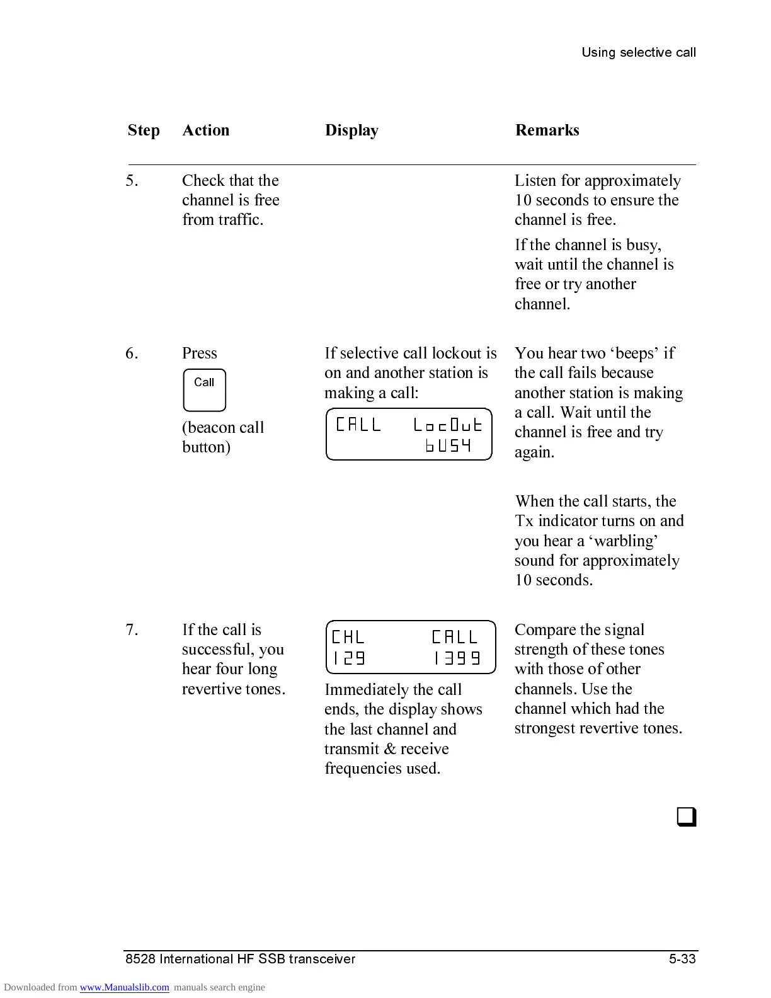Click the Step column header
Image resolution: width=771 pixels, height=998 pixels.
click(x=144, y=130)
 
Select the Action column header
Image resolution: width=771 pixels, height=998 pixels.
click(x=206, y=130)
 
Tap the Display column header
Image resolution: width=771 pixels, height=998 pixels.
click(x=351, y=130)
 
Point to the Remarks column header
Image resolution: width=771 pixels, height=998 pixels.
click(x=547, y=130)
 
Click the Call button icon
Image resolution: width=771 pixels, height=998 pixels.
click(x=204, y=390)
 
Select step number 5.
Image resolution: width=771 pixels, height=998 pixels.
click(x=132, y=181)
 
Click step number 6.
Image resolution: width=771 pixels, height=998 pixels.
click(x=132, y=353)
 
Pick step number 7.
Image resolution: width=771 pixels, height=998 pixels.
click(x=132, y=630)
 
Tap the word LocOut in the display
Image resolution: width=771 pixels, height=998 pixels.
click(x=448, y=425)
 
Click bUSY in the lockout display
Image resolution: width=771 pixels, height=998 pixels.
click(x=448, y=446)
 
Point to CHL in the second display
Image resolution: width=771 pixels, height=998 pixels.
click(x=348, y=637)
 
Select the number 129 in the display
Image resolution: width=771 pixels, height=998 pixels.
click(x=349, y=658)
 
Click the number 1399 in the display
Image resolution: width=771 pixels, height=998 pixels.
click(x=457, y=658)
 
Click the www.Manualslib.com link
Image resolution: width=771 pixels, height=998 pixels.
click(x=124, y=987)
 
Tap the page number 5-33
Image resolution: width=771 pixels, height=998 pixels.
click(x=682, y=959)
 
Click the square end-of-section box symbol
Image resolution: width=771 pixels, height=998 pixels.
click(x=686, y=817)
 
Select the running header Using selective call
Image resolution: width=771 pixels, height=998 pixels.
click(x=638, y=52)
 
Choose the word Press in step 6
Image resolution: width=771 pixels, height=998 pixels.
click(x=199, y=353)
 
